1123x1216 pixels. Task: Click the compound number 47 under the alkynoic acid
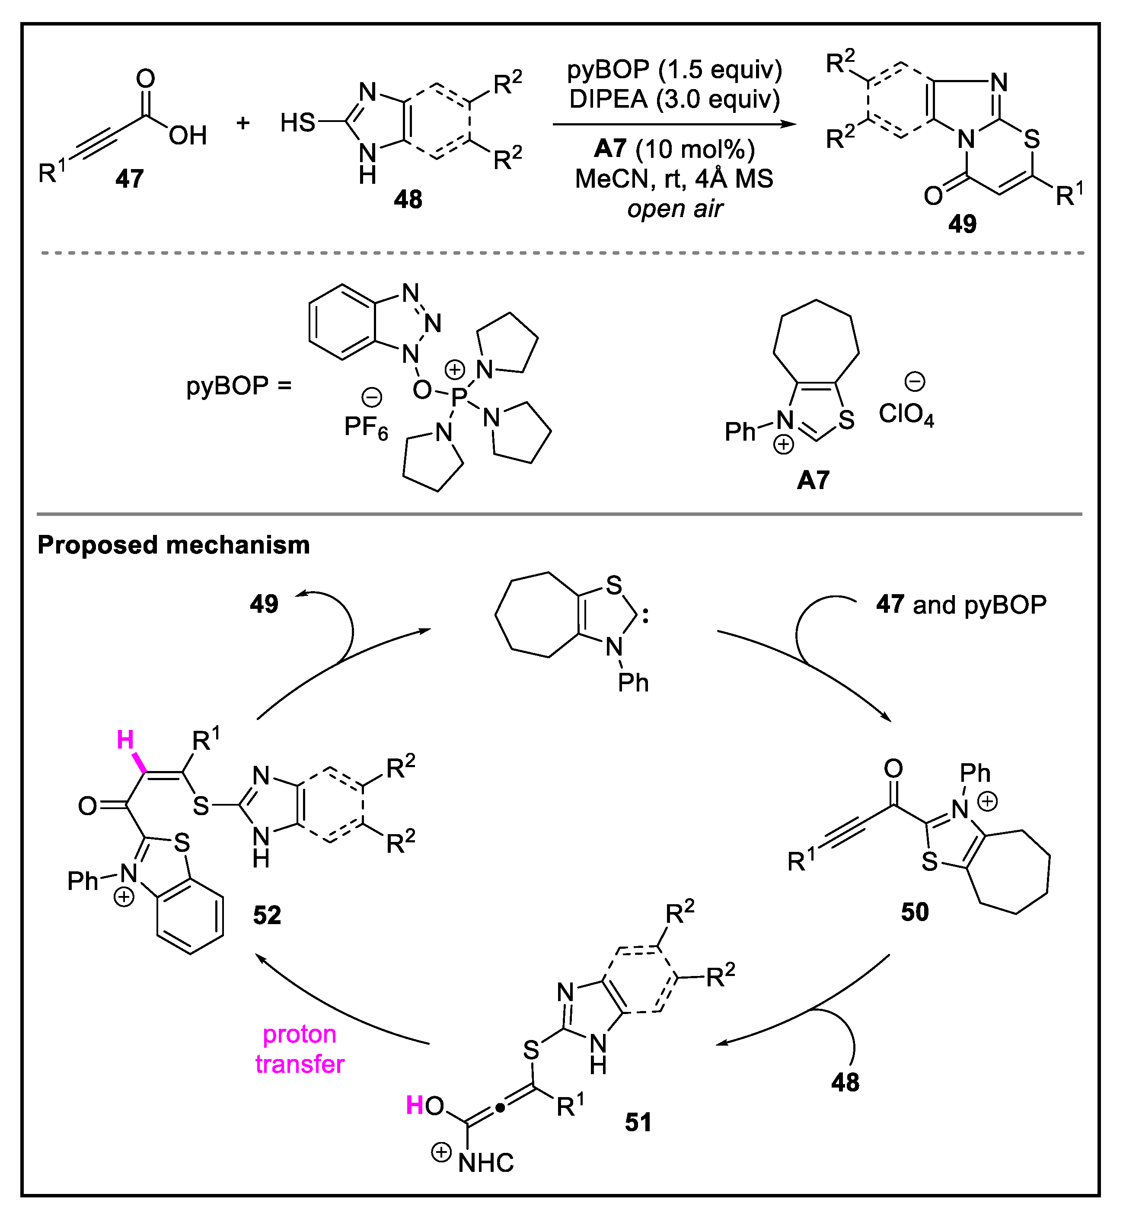129,179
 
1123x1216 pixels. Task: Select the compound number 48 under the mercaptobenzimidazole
408,199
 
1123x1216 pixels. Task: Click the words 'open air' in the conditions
674,208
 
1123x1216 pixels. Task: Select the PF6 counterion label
366,427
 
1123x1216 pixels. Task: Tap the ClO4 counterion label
906,415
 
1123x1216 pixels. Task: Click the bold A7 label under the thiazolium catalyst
813,480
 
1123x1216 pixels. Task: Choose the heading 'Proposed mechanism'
174,545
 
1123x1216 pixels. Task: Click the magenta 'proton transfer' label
300,1049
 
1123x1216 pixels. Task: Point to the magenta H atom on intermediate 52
125,740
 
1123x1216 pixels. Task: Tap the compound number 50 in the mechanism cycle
915,912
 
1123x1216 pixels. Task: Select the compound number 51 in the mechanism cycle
638,1122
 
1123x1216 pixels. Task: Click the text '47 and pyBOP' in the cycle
961,605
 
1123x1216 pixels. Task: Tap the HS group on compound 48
298,123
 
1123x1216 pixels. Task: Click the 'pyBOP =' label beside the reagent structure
239,385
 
